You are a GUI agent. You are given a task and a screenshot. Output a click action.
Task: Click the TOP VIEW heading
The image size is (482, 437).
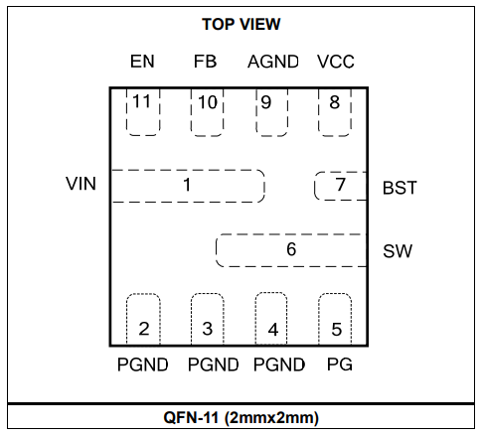point(241,24)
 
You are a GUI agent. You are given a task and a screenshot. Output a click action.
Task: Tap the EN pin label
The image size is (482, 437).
point(142,62)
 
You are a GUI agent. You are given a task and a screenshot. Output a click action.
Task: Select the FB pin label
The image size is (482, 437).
point(206,62)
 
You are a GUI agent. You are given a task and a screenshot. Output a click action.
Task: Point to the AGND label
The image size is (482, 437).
point(273,62)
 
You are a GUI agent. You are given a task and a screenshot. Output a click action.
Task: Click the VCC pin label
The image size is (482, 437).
point(336,62)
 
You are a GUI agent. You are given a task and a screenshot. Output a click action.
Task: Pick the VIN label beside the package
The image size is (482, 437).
point(80,184)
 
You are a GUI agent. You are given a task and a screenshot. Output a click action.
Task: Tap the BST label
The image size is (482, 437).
point(400,188)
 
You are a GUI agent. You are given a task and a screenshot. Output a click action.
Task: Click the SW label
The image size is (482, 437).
point(398,251)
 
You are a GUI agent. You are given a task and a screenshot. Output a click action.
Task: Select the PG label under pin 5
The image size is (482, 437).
point(340,364)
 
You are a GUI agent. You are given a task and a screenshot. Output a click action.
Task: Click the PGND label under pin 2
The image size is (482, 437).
point(143,364)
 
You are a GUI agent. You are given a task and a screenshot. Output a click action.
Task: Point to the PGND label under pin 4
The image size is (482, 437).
point(279,364)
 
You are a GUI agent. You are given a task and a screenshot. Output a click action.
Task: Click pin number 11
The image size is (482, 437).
point(142,101)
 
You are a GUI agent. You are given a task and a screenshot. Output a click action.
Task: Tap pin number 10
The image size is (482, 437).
point(208,102)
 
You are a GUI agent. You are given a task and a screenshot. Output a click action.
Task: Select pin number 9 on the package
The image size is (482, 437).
point(266,102)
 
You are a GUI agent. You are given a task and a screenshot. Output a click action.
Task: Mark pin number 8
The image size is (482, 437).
point(335,102)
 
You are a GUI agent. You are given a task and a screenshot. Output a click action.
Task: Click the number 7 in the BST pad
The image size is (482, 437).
point(341,184)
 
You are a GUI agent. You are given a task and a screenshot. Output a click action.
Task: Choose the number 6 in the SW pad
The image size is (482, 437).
point(291,249)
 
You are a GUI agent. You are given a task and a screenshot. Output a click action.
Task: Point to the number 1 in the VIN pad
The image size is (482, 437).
point(187,185)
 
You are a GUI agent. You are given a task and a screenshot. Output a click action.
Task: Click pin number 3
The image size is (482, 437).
point(208,329)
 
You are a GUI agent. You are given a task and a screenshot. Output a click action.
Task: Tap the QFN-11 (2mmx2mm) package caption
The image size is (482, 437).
point(241,417)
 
